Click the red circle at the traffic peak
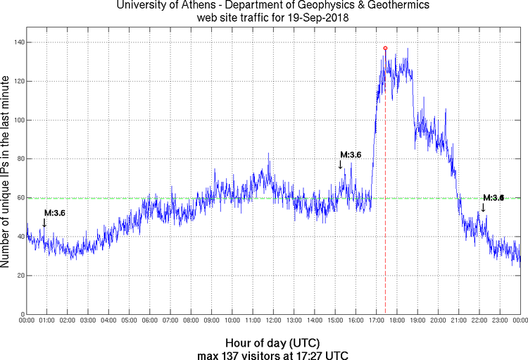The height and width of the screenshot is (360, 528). point(385,48)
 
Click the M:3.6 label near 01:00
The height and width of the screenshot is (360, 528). point(54,213)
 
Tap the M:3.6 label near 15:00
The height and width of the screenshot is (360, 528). point(351,155)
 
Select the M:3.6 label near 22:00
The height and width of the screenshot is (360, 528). point(493,198)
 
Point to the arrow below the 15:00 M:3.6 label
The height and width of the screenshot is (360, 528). point(341,164)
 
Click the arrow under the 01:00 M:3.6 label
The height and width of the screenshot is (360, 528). point(44,223)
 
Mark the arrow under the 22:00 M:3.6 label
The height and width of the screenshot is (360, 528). point(483,208)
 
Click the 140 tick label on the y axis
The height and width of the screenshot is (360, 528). point(18,42)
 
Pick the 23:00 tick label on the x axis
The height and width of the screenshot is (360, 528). point(498,321)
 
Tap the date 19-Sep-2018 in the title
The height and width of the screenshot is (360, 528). point(310,18)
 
